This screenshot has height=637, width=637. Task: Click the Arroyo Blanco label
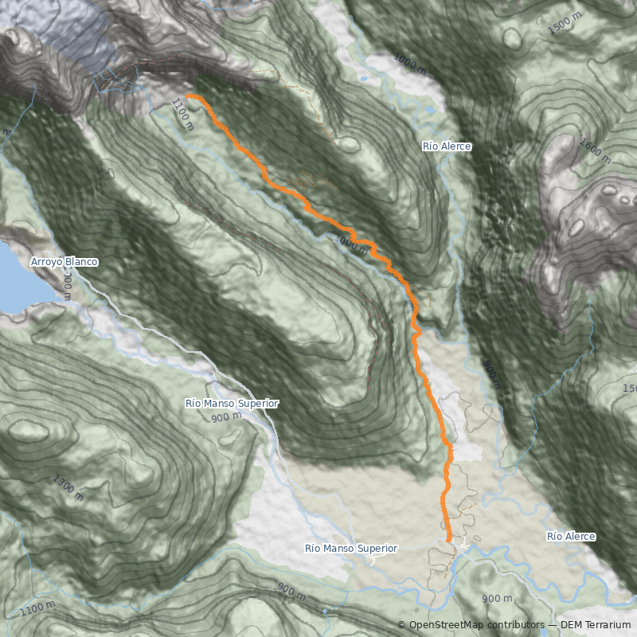64,262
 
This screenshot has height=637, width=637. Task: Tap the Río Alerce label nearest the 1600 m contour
447,147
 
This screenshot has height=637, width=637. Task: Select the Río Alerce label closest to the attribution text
571,537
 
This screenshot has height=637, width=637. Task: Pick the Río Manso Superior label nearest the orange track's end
351,549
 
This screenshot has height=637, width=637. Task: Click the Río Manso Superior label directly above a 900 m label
232,404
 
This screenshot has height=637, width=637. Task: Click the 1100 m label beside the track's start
182,113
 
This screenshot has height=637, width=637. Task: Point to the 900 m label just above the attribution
497,599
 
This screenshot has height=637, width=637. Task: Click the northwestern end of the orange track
188,96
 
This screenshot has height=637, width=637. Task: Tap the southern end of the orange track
449,541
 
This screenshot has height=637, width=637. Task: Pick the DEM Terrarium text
596,625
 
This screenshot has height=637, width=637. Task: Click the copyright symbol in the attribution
401,625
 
